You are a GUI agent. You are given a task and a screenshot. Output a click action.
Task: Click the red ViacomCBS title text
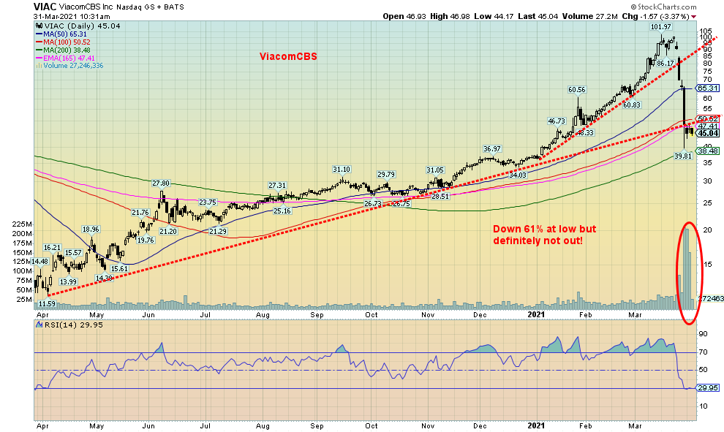[x=288, y=56]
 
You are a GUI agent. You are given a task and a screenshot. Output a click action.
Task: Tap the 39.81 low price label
[x=683, y=156]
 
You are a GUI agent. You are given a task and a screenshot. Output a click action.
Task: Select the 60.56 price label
[x=577, y=90]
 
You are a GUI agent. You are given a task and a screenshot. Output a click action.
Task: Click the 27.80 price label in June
[x=160, y=183]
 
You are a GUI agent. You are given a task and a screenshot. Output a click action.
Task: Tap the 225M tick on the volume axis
[x=22, y=224]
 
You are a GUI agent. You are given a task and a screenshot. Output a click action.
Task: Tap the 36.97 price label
[x=491, y=148]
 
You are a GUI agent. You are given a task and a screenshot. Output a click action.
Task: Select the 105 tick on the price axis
[x=706, y=32]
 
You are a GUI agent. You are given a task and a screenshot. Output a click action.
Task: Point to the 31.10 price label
[x=342, y=169]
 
